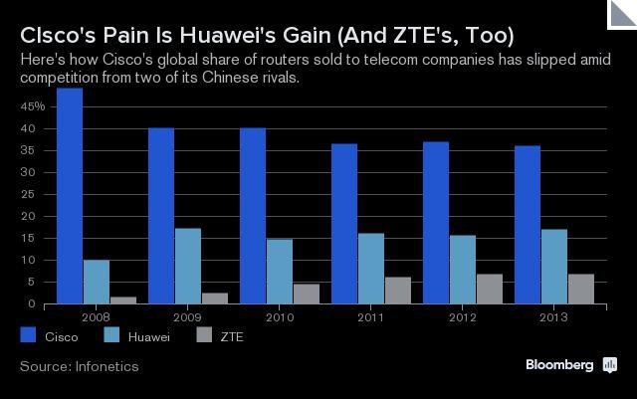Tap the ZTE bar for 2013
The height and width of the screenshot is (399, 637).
580,289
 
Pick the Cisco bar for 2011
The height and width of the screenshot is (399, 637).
344,224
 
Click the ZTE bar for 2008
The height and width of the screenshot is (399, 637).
122,299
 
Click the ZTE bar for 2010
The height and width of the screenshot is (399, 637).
306,294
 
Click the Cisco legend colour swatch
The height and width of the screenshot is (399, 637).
28,336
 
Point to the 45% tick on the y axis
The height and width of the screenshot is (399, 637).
33,105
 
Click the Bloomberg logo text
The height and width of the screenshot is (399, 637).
559,365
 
